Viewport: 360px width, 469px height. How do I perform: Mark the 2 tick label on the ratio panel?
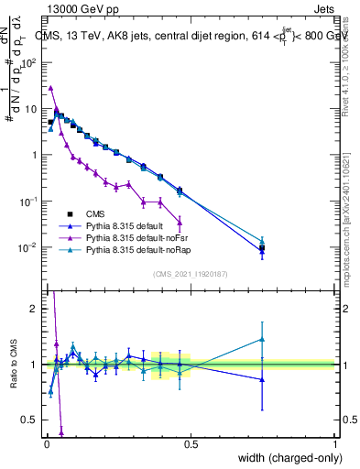click(x=34, y=309)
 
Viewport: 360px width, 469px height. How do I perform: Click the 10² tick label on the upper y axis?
click(x=29, y=62)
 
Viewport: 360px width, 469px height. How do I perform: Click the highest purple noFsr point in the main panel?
click(x=50, y=88)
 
